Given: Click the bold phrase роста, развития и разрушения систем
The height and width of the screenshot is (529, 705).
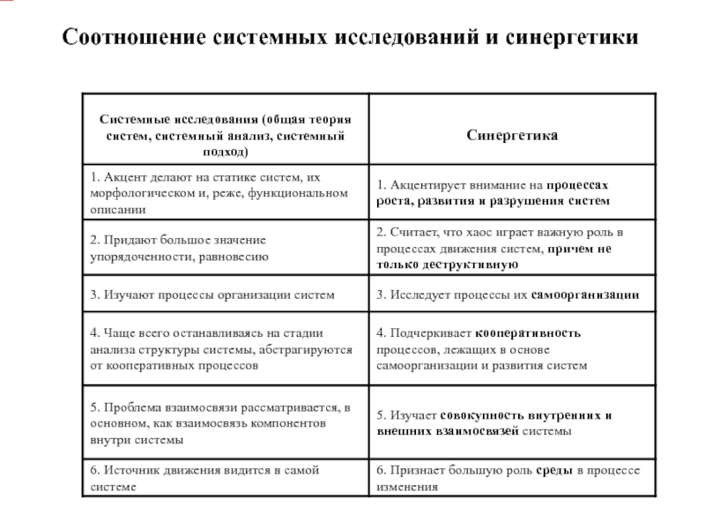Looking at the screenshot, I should pyautogui.click(x=493, y=202).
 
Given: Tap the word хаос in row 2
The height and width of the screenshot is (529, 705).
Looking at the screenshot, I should pyautogui.click(x=454, y=232).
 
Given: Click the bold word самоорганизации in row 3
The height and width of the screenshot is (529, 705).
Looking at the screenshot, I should pyautogui.click(x=585, y=294).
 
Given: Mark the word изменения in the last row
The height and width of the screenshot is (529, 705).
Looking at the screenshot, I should pyautogui.click(x=406, y=487).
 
